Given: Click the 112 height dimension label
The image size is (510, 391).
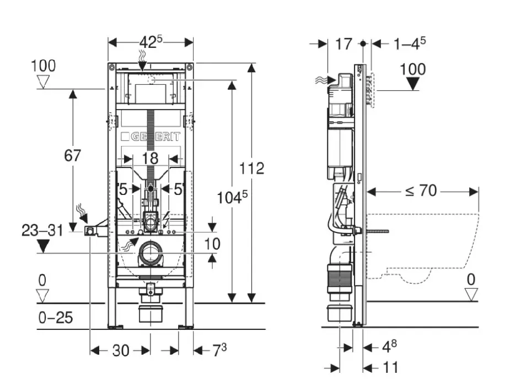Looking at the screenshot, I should (x=251, y=167).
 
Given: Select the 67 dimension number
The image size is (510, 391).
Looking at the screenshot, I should (x=72, y=156).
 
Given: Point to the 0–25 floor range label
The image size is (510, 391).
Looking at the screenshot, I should (x=55, y=318).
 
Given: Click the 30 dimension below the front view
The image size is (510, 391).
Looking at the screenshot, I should (x=120, y=350).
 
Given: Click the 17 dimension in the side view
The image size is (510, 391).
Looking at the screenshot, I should (x=343, y=44).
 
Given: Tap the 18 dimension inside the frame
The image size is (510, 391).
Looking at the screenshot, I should (x=150, y=159).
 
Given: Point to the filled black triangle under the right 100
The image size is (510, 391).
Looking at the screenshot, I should (x=412, y=84).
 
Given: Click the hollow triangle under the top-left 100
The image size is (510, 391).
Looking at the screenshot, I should (x=43, y=83).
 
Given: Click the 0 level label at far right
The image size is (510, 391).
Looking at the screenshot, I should (x=470, y=280).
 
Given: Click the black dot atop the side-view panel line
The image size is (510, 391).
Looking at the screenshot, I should (x=363, y=43).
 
